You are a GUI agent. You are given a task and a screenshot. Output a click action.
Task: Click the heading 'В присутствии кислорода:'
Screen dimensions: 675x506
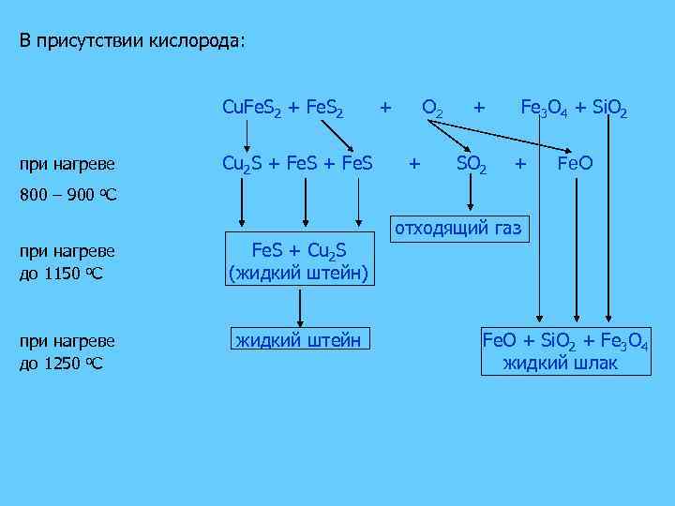point(133,43)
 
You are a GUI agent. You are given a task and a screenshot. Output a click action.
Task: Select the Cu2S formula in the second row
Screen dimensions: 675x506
point(240,165)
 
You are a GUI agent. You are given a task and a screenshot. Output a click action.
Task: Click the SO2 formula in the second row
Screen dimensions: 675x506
point(471,165)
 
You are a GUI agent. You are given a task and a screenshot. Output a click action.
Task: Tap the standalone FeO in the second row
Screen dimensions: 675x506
point(574,165)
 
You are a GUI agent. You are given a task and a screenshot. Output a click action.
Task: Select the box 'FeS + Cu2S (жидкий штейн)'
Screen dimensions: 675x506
point(299,261)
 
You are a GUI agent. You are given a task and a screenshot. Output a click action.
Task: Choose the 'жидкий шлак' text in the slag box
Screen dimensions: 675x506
point(561,363)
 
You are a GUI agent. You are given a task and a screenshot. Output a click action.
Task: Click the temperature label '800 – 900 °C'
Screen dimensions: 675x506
point(66,198)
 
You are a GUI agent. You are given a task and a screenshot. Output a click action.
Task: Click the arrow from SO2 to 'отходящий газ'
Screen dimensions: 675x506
point(471,195)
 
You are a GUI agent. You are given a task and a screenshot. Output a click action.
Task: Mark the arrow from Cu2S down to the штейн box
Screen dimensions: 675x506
point(243,201)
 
